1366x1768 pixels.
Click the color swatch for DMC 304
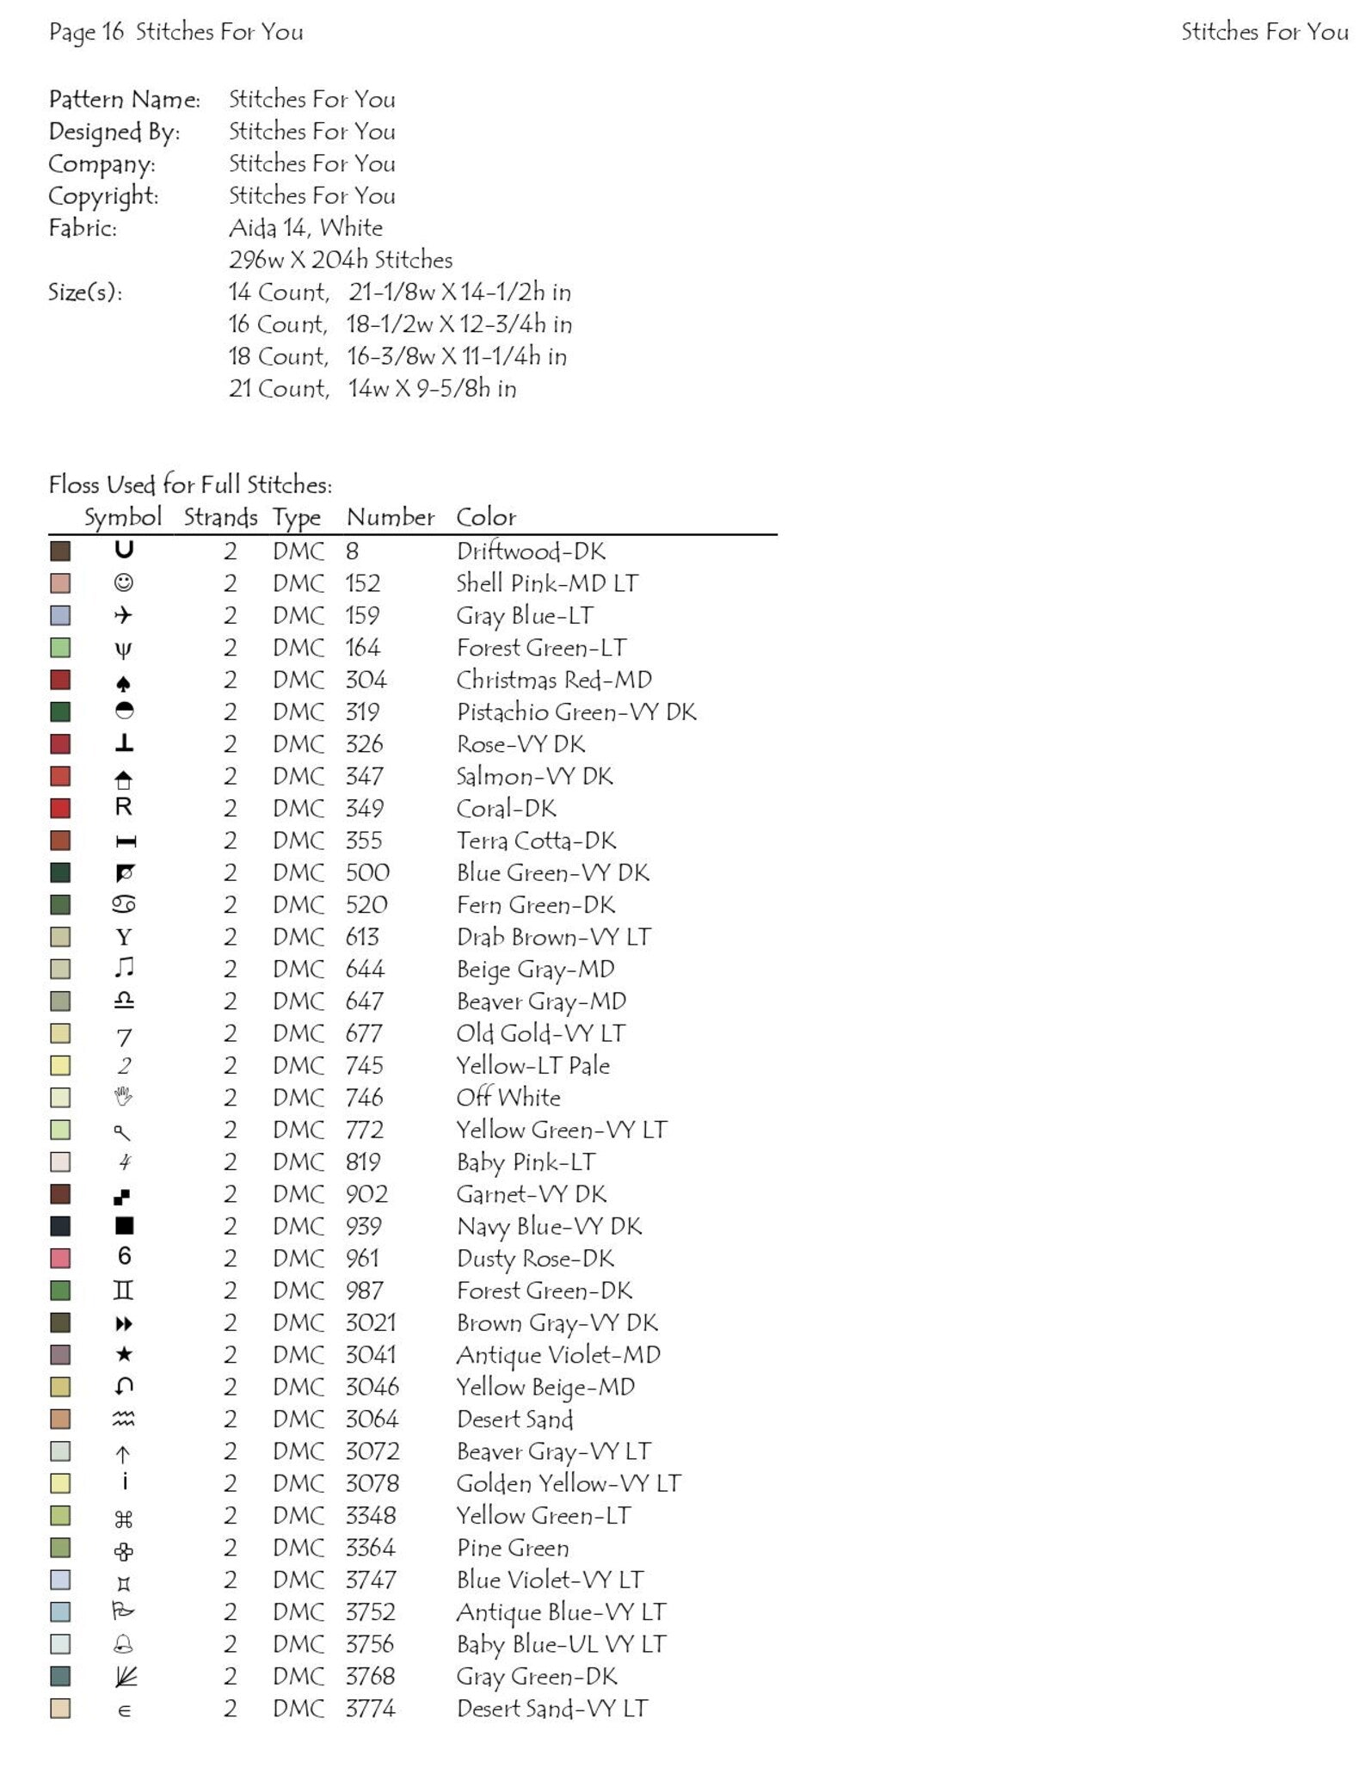60,681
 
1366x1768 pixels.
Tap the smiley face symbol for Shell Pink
124,583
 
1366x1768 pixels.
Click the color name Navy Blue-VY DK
549,1226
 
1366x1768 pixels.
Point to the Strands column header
220,517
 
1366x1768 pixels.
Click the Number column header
391,517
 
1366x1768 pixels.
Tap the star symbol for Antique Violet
124,1355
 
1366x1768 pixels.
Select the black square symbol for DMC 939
124,1226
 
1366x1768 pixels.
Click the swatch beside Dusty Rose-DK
60,1259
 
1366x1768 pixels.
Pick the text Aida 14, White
305,228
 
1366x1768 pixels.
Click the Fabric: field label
83,228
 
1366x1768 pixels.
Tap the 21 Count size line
372,389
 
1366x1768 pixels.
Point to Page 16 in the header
87,33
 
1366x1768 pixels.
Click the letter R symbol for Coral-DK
124,808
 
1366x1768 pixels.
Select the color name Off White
508,1098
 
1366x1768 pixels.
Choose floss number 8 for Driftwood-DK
353,551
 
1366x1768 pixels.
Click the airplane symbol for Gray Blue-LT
124,616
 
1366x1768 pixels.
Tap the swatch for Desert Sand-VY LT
60,1709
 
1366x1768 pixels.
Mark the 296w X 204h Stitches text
341,260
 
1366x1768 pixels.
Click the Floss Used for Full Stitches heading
190,485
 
